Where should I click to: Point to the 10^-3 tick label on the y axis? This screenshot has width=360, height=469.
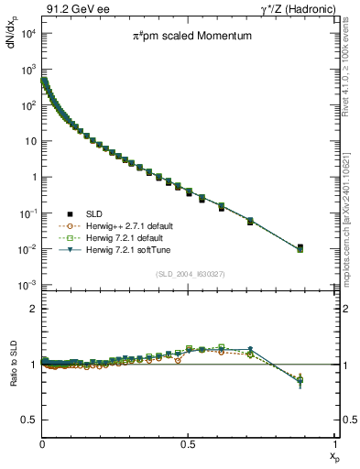coord(27,286)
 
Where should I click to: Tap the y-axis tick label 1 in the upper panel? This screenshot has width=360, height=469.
coord(33,178)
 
